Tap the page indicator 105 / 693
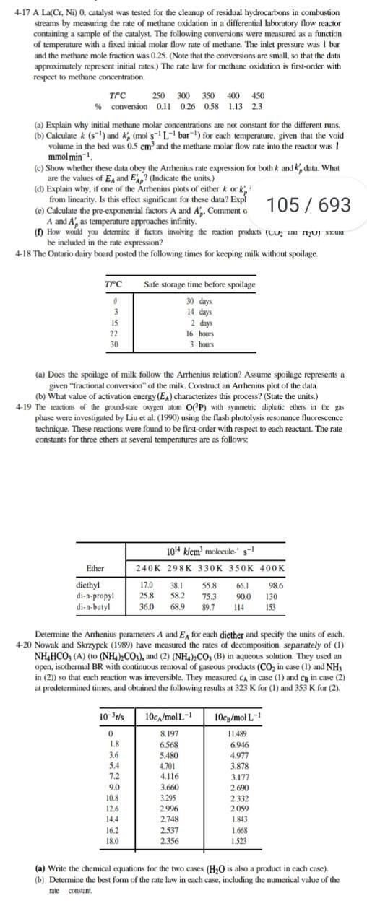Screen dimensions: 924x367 click(308, 204)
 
